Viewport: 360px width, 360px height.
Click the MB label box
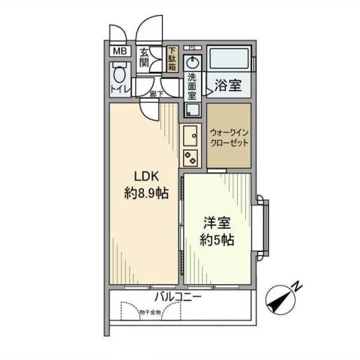pos(119,51)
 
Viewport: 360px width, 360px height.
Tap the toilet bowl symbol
pos(118,74)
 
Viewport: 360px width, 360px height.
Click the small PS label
pos(193,46)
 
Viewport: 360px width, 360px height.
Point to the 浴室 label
pos(226,86)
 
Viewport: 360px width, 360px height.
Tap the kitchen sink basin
pos(189,137)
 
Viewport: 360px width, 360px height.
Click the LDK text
pos(145,176)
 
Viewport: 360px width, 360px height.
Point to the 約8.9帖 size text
pos(145,193)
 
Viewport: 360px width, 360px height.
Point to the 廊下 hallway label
pos(156,94)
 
